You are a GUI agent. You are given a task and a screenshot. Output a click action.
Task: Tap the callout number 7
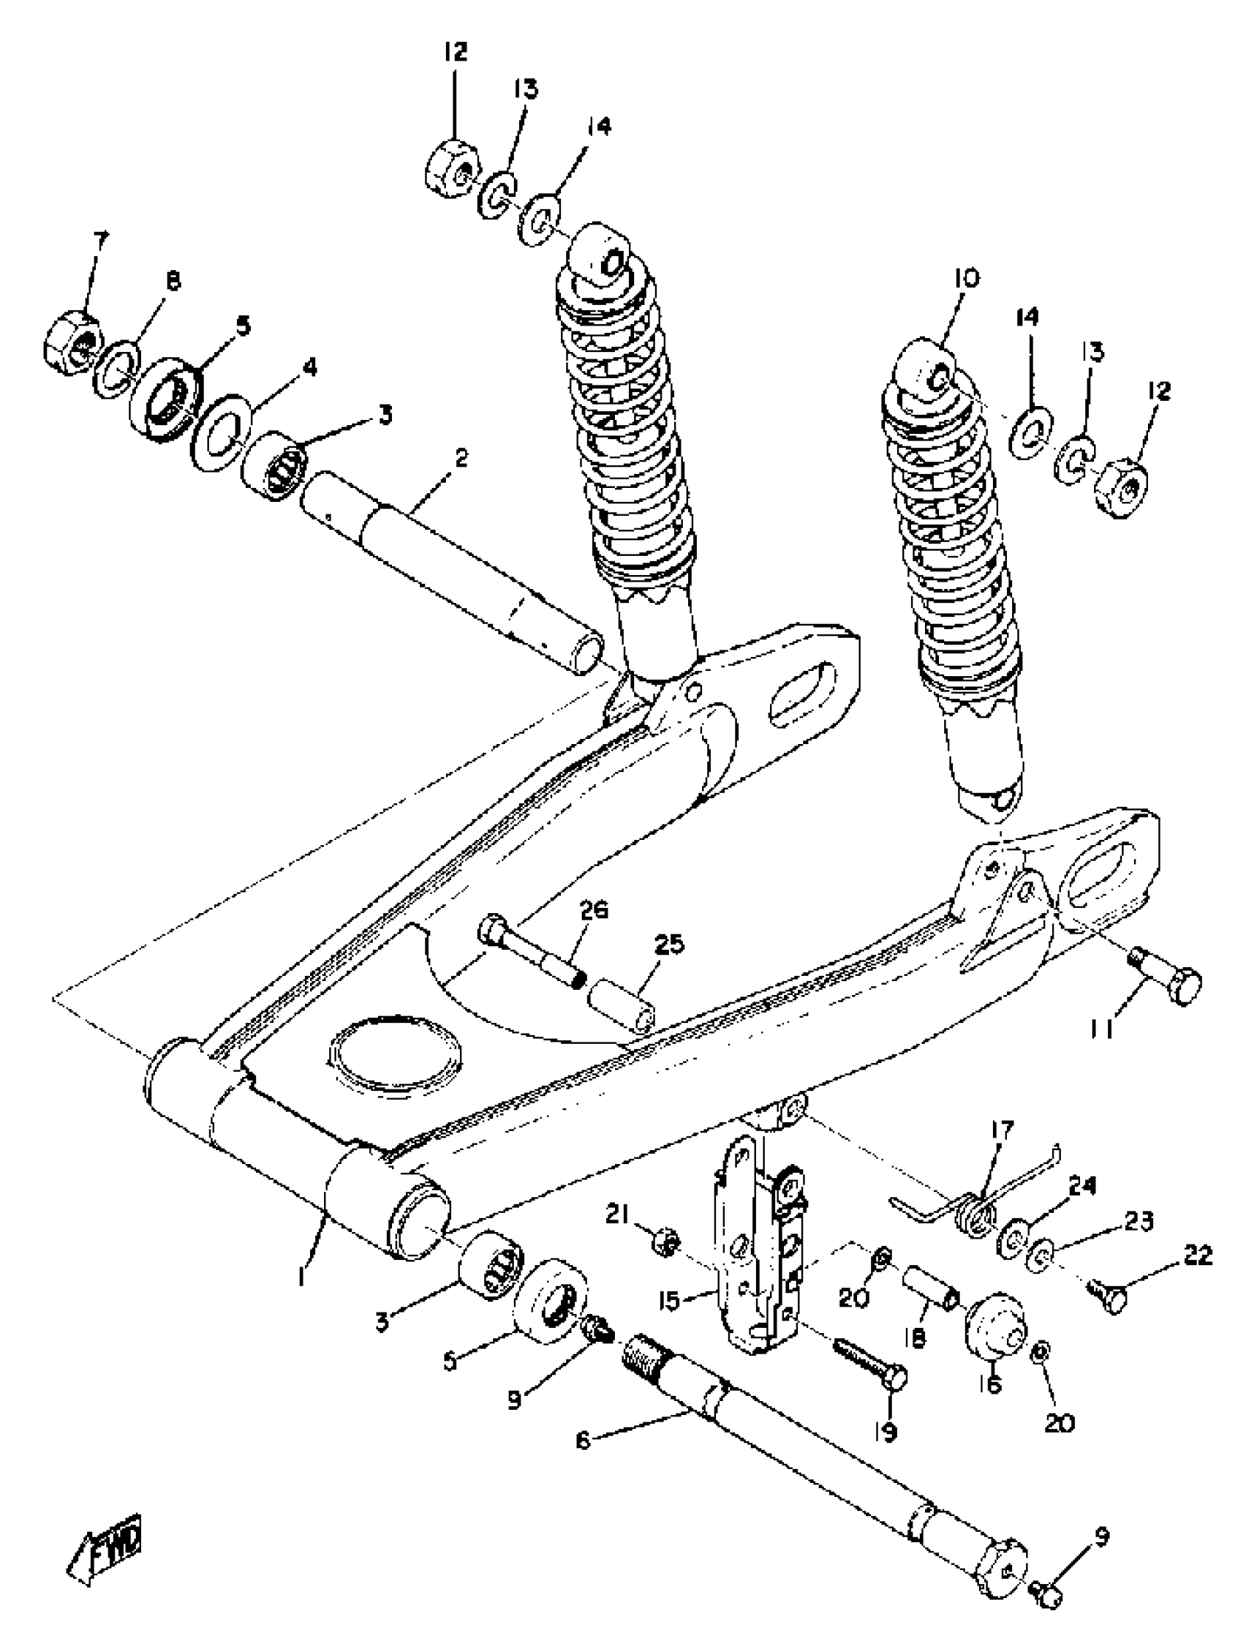(x=100, y=241)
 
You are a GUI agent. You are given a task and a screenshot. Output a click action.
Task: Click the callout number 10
(x=965, y=279)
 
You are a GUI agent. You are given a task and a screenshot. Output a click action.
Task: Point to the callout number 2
(x=461, y=458)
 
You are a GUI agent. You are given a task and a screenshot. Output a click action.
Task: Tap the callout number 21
(x=616, y=1216)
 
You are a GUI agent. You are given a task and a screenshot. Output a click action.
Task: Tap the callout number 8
(x=173, y=281)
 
